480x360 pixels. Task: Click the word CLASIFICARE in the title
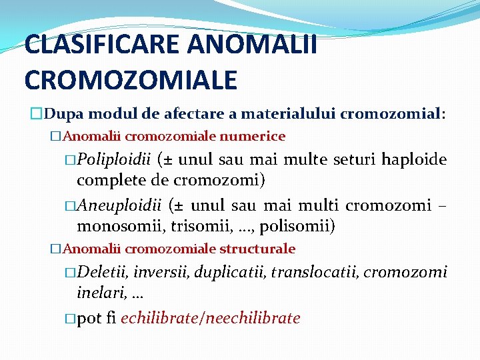[x=103, y=45]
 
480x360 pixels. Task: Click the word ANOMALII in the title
[x=253, y=45]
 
